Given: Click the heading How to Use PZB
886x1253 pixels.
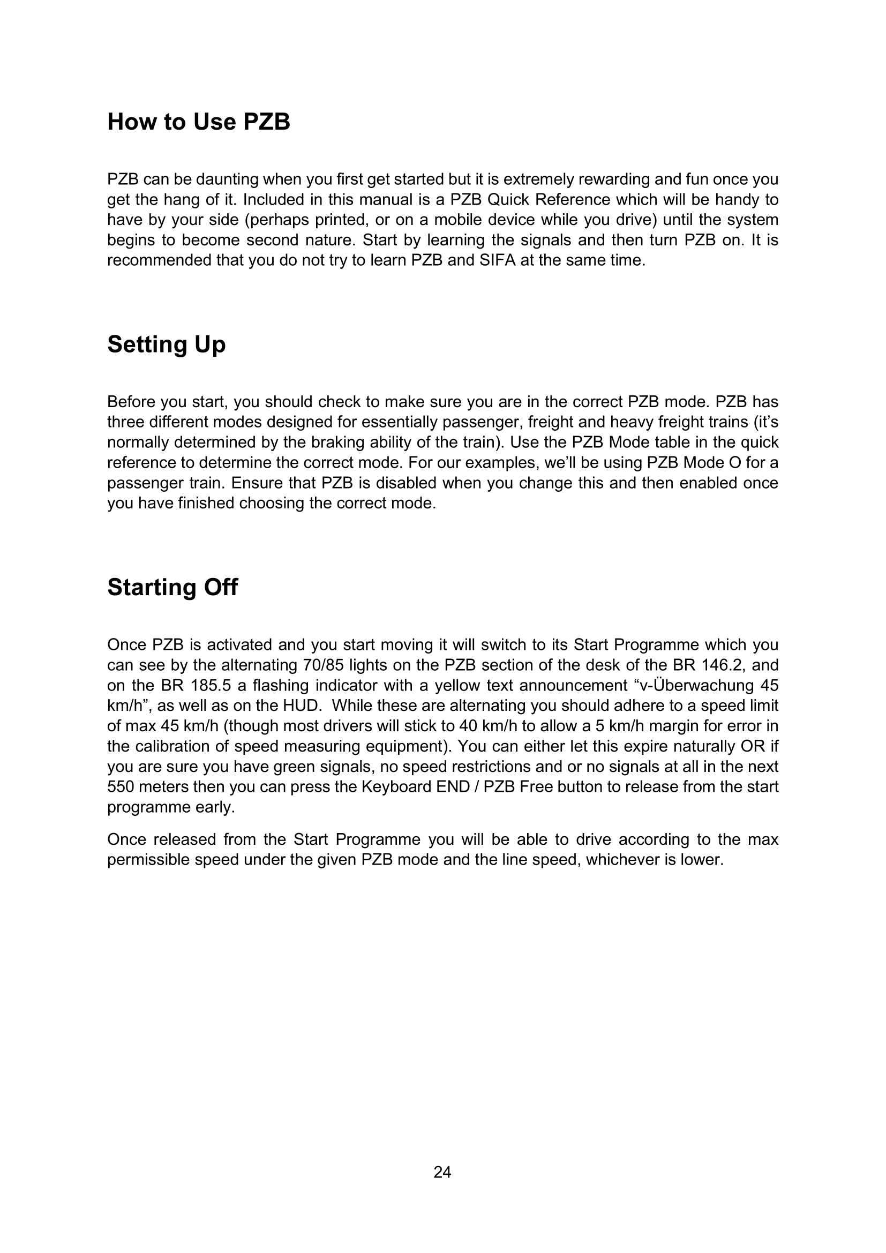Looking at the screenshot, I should [x=199, y=122].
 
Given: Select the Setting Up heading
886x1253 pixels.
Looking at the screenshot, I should [x=166, y=344].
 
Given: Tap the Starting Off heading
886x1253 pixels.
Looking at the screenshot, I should [x=172, y=587].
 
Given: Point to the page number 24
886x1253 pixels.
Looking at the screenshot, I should [x=442, y=1172].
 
